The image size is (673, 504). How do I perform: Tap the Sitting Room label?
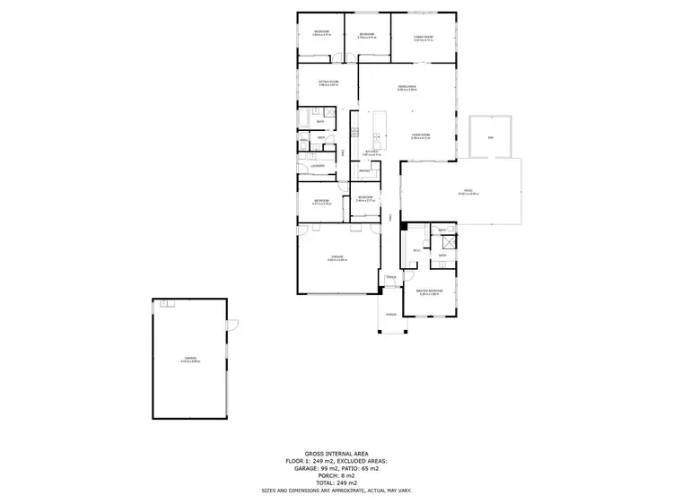click(x=328, y=83)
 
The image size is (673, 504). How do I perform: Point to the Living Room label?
click(x=420, y=135)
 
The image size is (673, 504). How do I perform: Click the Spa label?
click(x=490, y=137)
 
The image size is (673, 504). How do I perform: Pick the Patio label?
click(x=468, y=191)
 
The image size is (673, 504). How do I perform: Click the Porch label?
click(x=390, y=315)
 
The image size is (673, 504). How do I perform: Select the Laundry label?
click(x=316, y=166)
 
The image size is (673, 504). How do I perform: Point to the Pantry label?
click(x=364, y=170)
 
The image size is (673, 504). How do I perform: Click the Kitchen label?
click(x=360, y=152)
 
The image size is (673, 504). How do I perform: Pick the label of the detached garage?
click(x=190, y=358)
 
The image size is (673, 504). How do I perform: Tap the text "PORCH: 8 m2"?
click(x=336, y=475)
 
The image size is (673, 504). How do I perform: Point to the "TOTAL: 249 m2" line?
click(x=336, y=483)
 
